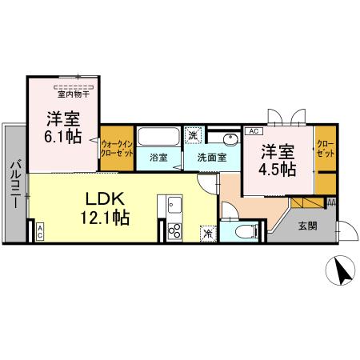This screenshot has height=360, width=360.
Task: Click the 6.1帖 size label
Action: coord(62,136)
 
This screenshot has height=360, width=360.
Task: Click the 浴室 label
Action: coord(158,157)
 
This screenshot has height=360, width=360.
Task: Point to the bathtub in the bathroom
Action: coord(158,135)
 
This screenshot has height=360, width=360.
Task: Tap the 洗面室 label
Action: coord(211,157)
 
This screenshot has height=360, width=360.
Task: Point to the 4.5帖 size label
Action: coord(278,169)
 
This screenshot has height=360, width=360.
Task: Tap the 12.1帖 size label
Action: coord(104,216)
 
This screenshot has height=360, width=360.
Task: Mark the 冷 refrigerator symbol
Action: coord(207,234)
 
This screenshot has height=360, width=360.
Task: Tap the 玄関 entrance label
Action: coord(307,226)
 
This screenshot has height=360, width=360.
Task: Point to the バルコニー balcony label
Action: coord(15,183)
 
